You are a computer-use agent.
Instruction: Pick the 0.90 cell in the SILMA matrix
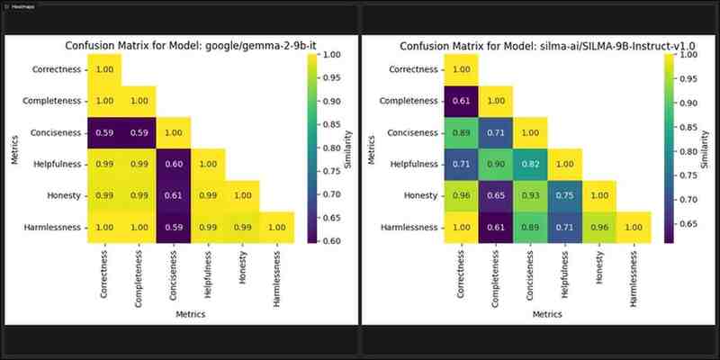(x=496, y=164)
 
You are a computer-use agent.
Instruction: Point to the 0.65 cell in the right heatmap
(x=496, y=195)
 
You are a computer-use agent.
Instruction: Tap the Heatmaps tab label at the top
(x=24, y=5)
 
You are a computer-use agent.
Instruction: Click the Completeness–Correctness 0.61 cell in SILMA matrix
(x=462, y=101)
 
